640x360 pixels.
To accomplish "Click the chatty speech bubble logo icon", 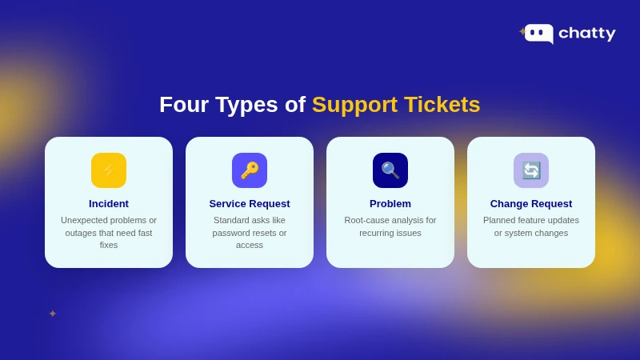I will (x=539, y=33).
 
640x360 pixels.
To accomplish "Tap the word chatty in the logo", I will (x=586, y=34).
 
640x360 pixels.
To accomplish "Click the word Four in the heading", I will (x=184, y=105).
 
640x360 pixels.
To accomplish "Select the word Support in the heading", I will (x=354, y=105).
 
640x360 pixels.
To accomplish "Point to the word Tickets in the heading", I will (x=442, y=105).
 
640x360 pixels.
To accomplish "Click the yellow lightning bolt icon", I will (x=109, y=170).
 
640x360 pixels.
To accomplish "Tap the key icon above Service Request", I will (x=250, y=170).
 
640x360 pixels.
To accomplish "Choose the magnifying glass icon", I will (x=390, y=170).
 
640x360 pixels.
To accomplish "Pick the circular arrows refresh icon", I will (x=531, y=170).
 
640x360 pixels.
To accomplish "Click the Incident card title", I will (x=109, y=204).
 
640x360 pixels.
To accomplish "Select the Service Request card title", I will (x=250, y=204).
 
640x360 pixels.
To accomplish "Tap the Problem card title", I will (x=390, y=204).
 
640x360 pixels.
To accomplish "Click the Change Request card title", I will (x=531, y=204).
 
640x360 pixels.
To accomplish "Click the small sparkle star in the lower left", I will (x=53, y=314).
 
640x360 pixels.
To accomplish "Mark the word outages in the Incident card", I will (x=81, y=233).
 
